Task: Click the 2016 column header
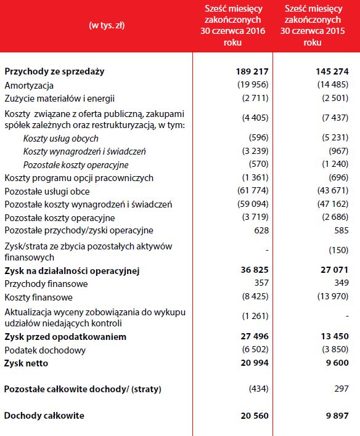pos(233,26)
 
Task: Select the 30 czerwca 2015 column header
pos(317,26)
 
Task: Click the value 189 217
pos(252,71)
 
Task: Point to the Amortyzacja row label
pos(29,85)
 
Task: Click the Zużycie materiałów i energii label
pos(60,98)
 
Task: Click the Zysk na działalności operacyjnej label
pos(72,270)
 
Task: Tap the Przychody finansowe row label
pos(46,284)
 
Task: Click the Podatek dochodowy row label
pos(45,350)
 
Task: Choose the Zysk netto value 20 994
pos(253,363)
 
